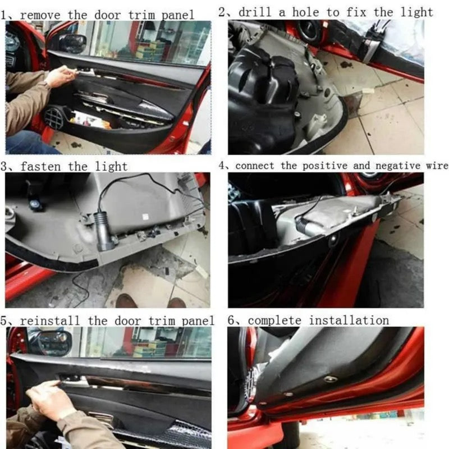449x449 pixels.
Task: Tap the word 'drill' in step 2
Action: click(256, 12)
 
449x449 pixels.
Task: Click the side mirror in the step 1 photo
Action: click(73, 43)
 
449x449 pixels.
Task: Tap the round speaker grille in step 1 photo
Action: click(56, 118)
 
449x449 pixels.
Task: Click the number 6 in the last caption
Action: click(231, 320)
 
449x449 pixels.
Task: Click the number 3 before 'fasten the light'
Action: click(5, 167)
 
